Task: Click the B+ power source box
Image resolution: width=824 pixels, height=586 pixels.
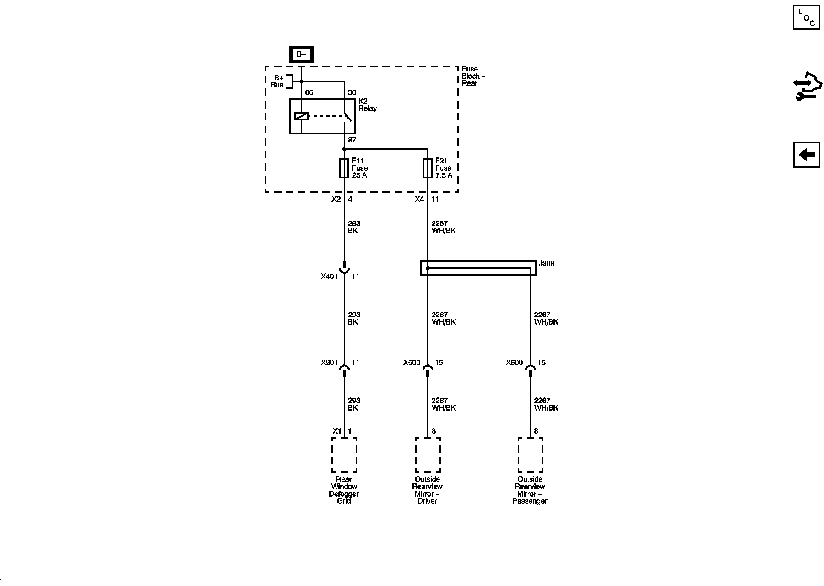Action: coord(301,54)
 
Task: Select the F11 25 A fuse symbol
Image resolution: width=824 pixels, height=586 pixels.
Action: coord(344,168)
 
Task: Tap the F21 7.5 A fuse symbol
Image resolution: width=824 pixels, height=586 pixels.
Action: coord(428,168)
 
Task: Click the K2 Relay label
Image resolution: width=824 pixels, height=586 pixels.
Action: coord(367,105)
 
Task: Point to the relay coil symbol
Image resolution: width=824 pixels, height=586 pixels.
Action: coord(301,116)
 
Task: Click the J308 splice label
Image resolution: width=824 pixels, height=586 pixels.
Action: coord(546,264)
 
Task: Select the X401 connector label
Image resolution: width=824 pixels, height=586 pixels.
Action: coord(329,277)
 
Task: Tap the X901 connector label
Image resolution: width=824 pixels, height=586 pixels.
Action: coord(329,363)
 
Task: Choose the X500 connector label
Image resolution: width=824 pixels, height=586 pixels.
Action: coord(412,363)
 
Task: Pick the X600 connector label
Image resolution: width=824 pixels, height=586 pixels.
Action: coord(514,363)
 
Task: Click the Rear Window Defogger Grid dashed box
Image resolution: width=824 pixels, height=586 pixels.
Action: coord(344,455)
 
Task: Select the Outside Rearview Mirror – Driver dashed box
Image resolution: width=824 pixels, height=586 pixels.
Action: coord(428,455)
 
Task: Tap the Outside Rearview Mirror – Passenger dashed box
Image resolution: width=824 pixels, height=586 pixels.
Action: coord(530,455)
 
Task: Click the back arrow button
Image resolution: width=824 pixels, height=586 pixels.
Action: coord(806,155)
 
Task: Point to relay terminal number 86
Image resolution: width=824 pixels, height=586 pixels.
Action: coord(309,93)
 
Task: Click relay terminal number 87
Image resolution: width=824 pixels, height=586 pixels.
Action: coord(352,141)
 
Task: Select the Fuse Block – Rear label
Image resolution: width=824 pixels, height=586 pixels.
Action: coord(473,76)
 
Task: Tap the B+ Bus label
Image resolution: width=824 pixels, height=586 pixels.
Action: coord(278,81)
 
